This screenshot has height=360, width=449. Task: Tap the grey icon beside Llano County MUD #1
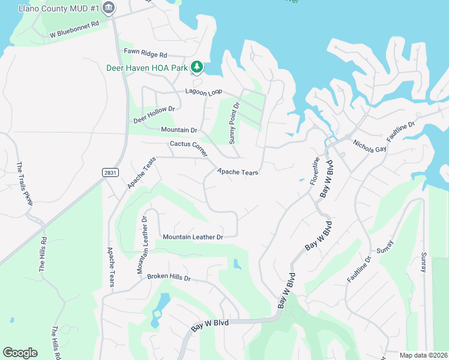coord(109,8)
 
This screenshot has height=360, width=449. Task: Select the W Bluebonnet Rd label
coord(74,34)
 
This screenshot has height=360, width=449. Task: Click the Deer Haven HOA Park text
coord(147,68)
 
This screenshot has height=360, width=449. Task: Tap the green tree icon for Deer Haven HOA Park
coord(196,67)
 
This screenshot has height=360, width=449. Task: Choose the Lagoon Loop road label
coord(203,91)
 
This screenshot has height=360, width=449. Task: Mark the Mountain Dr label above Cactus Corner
coord(179,130)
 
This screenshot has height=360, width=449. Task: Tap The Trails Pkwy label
coord(25,184)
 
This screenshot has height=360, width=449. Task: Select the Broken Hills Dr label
coord(169,278)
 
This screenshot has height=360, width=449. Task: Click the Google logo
coord(20,352)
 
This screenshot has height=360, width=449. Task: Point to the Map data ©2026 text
coord(423,355)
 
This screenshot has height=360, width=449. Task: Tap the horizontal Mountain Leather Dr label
coord(193,237)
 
